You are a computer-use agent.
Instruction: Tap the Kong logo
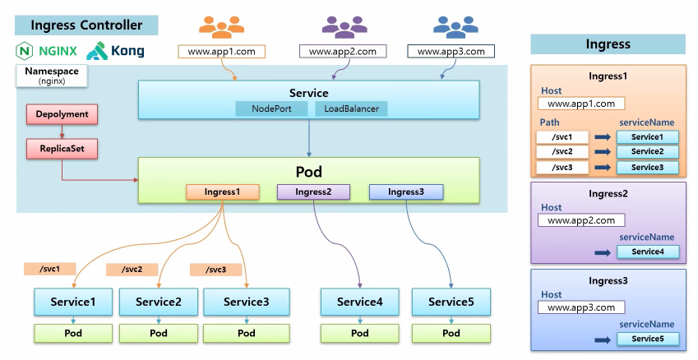click(116, 51)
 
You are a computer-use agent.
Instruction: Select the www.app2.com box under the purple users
click(342, 51)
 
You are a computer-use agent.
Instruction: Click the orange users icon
click(221, 27)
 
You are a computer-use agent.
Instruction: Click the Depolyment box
click(62, 114)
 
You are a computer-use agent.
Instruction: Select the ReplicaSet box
click(62, 149)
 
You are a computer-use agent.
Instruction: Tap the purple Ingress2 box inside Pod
click(313, 192)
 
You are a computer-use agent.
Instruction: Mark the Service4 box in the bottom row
click(359, 302)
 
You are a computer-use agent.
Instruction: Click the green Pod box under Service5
click(451, 333)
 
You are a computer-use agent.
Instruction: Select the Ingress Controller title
click(86, 25)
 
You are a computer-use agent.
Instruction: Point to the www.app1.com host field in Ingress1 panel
click(580, 104)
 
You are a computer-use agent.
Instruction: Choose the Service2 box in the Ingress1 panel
click(647, 152)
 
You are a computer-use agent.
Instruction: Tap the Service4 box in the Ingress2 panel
click(647, 252)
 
